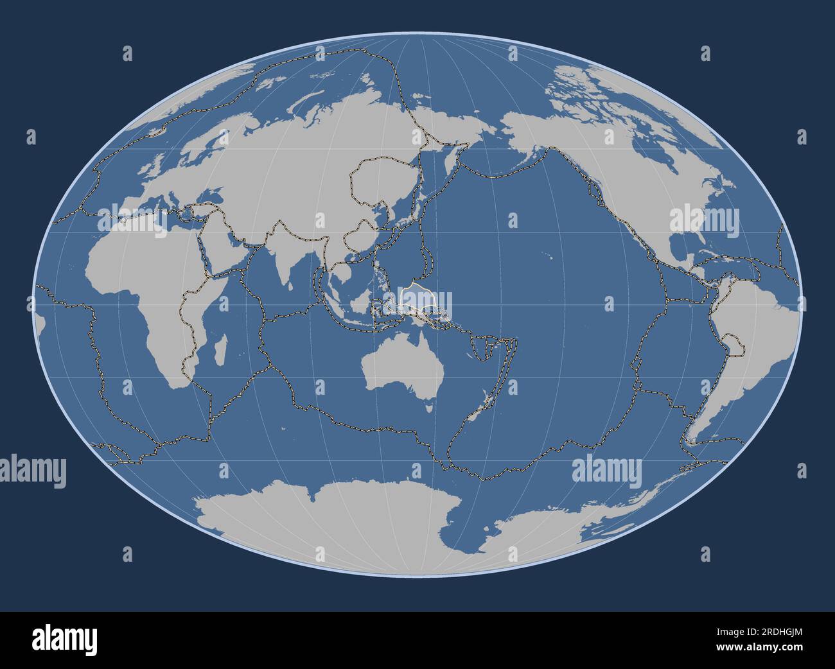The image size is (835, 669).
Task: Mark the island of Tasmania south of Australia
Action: [x=429, y=405]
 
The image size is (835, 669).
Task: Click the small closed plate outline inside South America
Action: [x=732, y=343]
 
